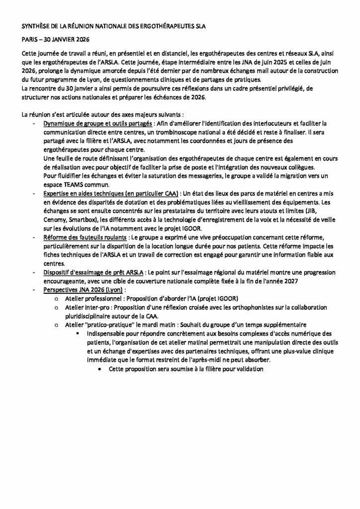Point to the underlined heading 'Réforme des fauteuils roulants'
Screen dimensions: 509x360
tap(84, 238)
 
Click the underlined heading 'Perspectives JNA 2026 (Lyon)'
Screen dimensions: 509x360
tap(82, 289)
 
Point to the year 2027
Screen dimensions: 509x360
tap(325, 281)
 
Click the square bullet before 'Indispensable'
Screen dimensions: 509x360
tap(79, 333)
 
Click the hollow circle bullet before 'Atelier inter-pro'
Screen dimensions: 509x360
tap(57, 308)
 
